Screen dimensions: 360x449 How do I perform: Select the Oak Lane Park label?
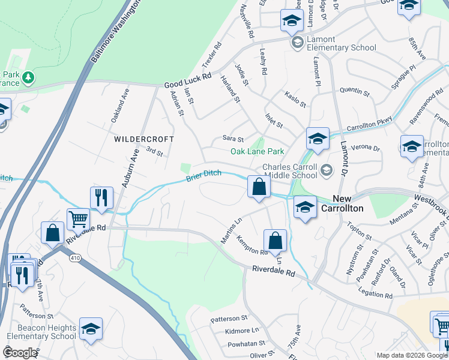(258, 151)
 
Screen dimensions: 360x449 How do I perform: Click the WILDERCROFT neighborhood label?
(144, 139)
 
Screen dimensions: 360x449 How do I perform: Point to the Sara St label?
(232, 139)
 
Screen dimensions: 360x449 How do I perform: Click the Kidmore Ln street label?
(243, 331)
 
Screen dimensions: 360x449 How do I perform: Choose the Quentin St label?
(354, 91)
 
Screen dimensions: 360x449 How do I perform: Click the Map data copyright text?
(412, 355)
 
